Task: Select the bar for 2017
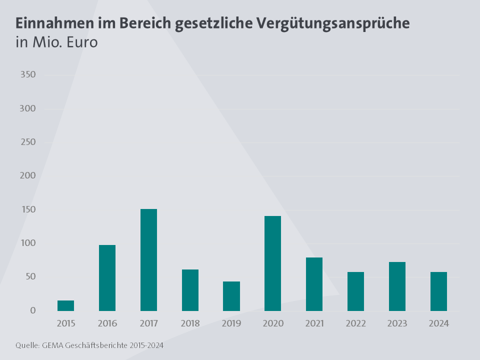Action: (148, 260)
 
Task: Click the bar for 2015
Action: (65, 305)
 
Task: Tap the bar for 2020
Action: (272, 263)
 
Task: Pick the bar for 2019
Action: (231, 296)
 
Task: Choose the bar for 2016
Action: (107, 278)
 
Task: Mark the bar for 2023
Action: (397, 286)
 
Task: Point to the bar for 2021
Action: (314, 284)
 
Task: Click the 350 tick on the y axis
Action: (27, 75)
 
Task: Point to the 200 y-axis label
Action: (27, 176)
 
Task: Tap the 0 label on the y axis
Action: (33, 310)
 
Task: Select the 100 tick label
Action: (27, 243)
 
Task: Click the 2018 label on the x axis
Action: (190, 323)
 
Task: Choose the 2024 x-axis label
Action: (438, 323)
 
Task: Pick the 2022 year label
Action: (355, 323)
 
